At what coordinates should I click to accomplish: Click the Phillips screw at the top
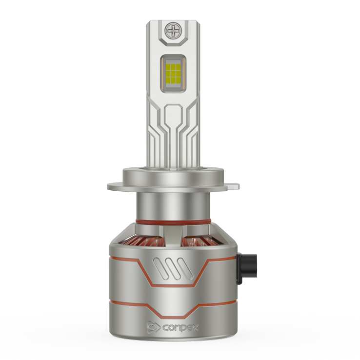pyautogui.click(x=173, y=30)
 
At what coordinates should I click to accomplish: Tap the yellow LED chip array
pyautogui.click(x=173, y=74)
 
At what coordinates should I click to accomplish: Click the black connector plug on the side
pyautogui.click(x=246, y=268)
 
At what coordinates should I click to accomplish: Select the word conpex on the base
pyautogui.click(x=180, y=327)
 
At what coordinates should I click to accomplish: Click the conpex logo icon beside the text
pyautogui.click(x=153, y=327)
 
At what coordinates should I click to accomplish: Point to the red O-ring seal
pyautogui.click(x=173, y=221)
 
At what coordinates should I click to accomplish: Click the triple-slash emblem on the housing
pyautogui.click(x=173, y=269)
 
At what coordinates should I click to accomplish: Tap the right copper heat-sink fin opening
pyautogui.click(x=200, y=242)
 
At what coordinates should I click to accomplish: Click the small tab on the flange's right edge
pyautogui.click(x=233, y=186)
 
